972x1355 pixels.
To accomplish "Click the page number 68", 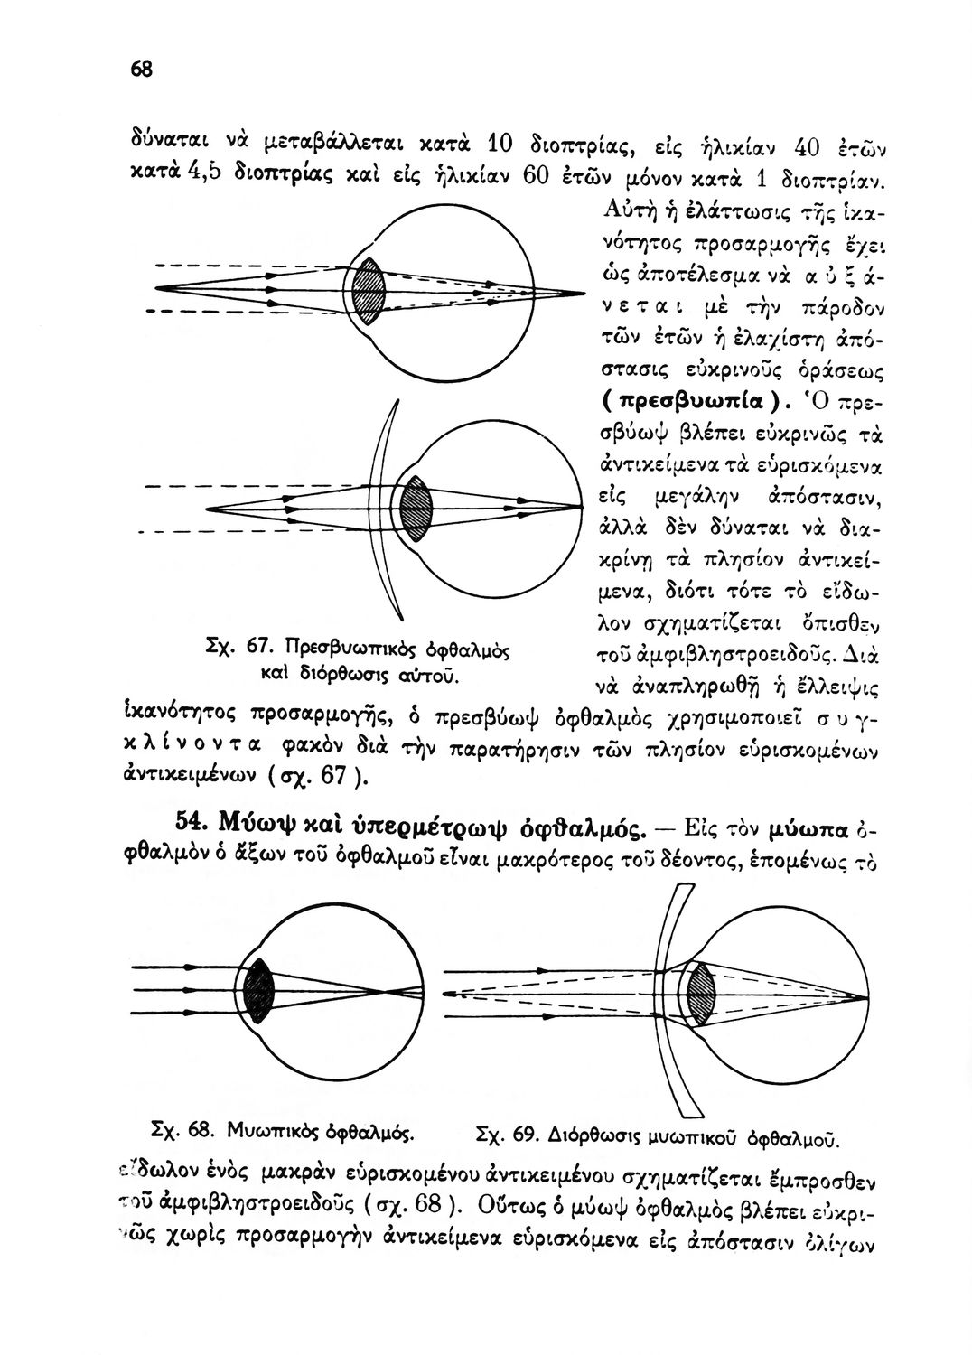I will (142, 70).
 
